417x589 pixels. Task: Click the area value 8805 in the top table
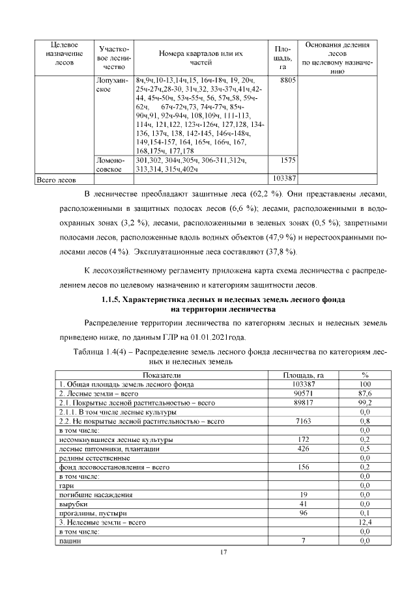point(288,79)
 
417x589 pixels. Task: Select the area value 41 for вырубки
point(303,504)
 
